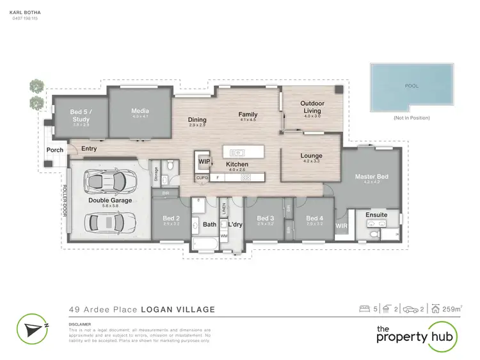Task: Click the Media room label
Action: [140, 110]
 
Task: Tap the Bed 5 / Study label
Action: [81, 115]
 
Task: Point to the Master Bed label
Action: [371, 176]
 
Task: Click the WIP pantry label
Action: [204, 162]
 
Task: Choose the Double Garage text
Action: [110, 200]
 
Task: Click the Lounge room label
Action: [311, 156]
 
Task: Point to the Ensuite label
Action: [376, 215]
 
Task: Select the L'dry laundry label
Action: [228, 225]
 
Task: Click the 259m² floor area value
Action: [452, 309]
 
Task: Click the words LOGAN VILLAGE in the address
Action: [182, 309]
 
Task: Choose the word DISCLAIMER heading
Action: [81, 324]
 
